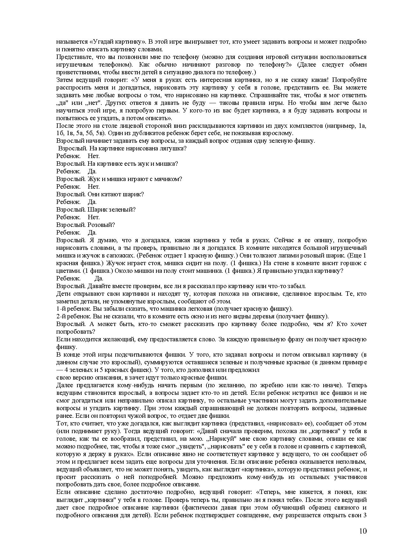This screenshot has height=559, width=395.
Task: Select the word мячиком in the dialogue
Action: pyautogui.click(x=169, y=179)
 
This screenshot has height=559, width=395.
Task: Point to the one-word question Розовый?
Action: pyautogui.click(x=101, y=225)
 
